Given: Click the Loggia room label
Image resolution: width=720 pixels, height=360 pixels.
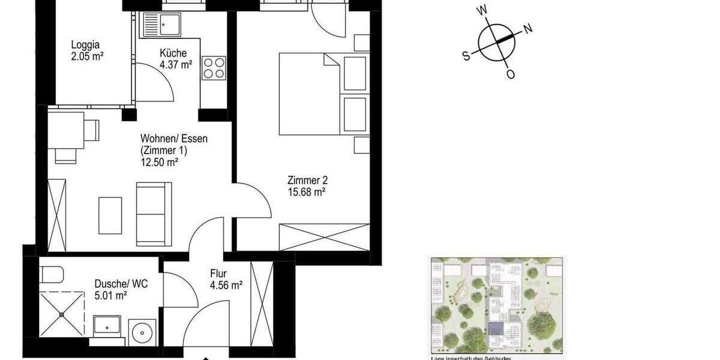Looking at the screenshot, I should click(85, 44).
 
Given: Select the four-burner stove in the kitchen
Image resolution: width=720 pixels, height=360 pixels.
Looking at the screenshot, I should click(214, 68).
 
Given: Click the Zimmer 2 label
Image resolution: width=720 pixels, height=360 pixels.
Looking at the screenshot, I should click(307, 180).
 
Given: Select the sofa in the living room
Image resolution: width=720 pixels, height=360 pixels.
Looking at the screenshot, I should click(154, 206).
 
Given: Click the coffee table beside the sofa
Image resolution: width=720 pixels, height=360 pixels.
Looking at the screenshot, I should click(110, 214).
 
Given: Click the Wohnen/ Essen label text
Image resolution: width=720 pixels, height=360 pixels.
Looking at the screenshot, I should click(173, 139).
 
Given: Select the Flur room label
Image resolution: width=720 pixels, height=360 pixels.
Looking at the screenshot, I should click(218, 274).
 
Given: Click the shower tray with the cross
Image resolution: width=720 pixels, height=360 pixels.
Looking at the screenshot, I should click(61, 313).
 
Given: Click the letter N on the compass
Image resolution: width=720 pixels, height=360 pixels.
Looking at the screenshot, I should click(528, 28).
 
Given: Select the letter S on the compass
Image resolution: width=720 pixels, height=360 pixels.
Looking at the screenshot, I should click(466, 55).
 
